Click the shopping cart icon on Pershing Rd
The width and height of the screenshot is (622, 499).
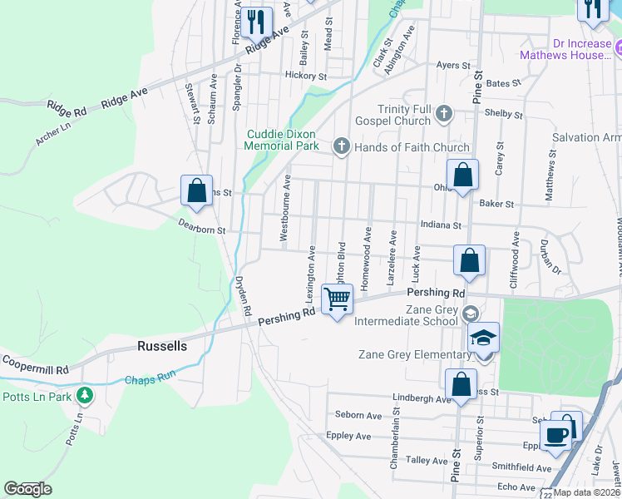click(x=337, y=299)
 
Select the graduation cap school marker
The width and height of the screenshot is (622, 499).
click(x=482, y=338)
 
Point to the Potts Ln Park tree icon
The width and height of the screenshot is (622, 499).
click(x=83, y=393)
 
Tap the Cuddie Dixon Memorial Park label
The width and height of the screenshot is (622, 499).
click(x=282, y=140)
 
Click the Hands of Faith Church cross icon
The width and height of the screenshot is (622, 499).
click(x=340, y=147)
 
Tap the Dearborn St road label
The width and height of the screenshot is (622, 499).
click(x=202, y=226)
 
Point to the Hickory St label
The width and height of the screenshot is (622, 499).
click(x=305, y=76)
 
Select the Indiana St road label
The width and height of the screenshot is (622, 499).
click(x=441, y=225)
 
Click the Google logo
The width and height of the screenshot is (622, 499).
click(x=27, y=488)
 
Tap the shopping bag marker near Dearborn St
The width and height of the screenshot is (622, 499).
click(x=196, y=190)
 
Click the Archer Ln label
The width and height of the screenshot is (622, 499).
click(x=52, y=135)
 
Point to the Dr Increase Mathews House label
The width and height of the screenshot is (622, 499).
click(x=565, y=49)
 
